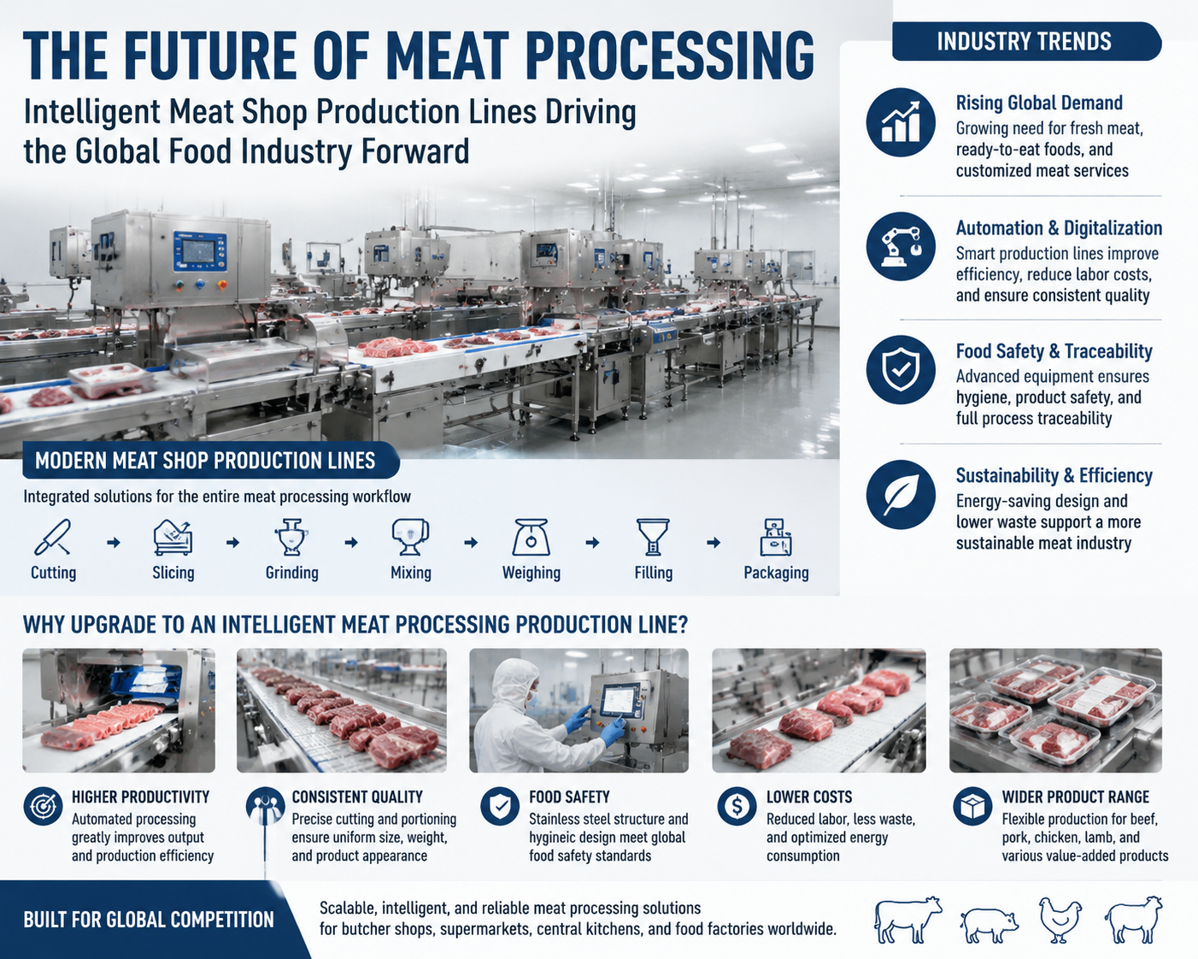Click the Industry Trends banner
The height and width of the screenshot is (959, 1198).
(1026, 42)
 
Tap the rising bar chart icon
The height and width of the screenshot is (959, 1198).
(900, 122)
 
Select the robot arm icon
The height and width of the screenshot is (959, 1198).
(900, 247)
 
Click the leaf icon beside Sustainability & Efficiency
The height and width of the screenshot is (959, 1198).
(900, 495)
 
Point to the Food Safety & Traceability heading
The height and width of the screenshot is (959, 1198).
(1054, 351)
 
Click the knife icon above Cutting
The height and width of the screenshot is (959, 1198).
(53, 538)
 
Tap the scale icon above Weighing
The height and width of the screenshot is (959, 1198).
(531, 538)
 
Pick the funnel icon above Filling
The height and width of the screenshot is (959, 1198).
(653, 538)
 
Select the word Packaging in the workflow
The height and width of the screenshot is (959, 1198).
(776, 573)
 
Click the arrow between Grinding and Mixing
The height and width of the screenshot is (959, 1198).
(351, 543)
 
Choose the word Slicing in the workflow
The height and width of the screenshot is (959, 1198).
(173, 573)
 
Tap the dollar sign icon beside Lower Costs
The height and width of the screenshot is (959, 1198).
(737, 806)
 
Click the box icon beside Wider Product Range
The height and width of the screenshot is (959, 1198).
(972, 806)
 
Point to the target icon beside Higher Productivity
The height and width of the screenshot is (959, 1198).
(43, 806)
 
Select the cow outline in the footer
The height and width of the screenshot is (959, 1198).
(907, 919)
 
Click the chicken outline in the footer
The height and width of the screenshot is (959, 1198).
(1060, 920)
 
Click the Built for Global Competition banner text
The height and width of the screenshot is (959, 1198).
(149, 920)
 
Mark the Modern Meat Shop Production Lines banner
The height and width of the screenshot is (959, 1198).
(210, 461)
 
